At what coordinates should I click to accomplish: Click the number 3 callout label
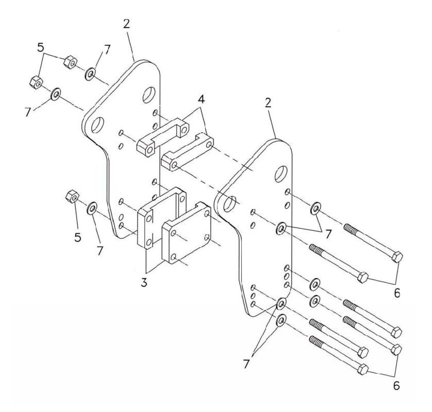click(x=144, y=282)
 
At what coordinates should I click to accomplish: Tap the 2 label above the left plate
click(x=127, y=24)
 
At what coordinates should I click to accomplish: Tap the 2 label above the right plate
click(x=268, y=103)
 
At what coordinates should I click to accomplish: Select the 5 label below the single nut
click(x=78, y=237)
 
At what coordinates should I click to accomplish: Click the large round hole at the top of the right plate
click(x=281, y=173)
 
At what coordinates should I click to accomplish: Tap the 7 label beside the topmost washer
click(x=107, y=49)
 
